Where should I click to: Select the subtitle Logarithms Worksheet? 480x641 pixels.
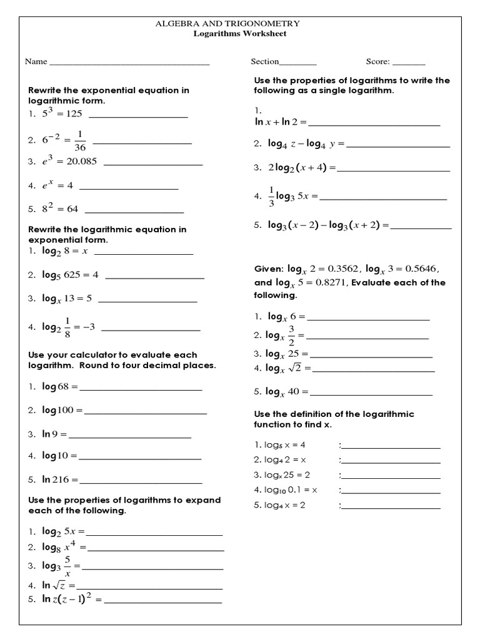click(240, 33)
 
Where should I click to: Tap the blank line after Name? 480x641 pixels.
click(129, 64)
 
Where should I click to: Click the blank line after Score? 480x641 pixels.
click(409, 64)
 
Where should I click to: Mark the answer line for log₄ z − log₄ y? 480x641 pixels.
click(397, 146)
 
